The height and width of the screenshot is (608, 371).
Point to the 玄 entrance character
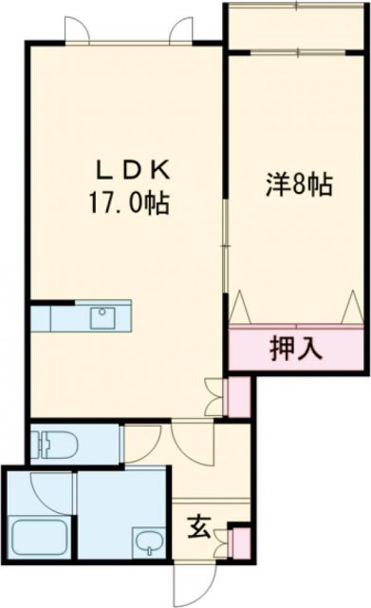(199, 523)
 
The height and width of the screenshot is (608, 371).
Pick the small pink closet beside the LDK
(237, 394)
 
